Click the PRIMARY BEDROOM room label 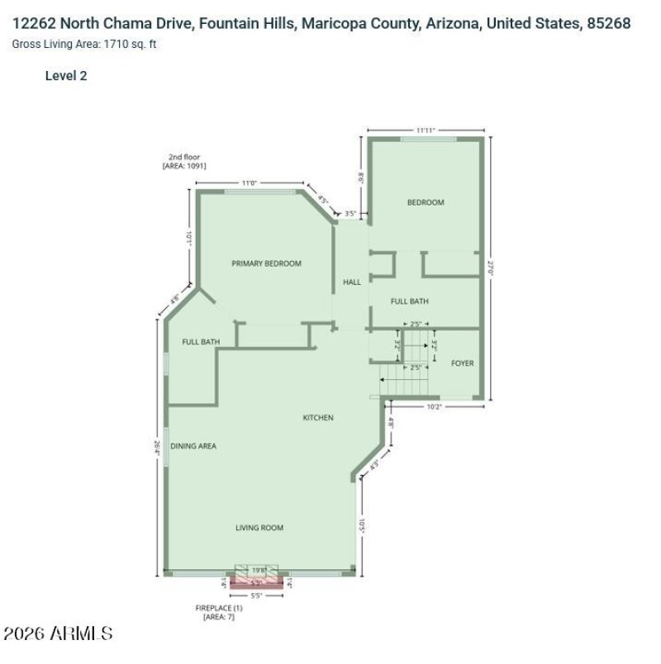[266, 263]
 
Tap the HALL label [352, 282]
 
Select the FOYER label [463, 363]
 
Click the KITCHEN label [318, 418]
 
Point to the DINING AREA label [193, 446]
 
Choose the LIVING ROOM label [259, 528]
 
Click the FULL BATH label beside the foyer [409, 301]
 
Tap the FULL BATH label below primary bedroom [201, 342]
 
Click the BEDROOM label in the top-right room [426, 202]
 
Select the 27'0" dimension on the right [491, 268]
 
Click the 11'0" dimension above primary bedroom [249, 183]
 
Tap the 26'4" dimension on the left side [156, 447]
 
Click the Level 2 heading [66, 76]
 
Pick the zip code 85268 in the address [608, 23]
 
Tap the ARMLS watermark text [58, 634]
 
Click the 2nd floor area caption [184, 162]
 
